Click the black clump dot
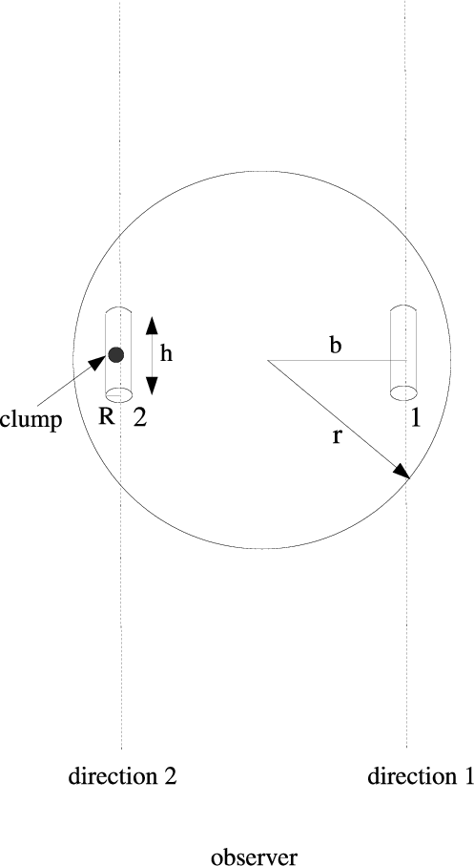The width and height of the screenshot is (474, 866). pyautogui.click(x=116, y=354)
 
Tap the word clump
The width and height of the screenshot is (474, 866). pyautogui.click(x=31, y=420)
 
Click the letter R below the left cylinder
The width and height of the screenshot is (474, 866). pyautogui.click(x=107, y=417)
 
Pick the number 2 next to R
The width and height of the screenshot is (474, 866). pyautogui.click(x=140, y=417)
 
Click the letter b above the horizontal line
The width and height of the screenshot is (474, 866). pyautogui.click(x=335, y=346)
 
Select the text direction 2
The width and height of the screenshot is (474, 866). pyautogui.click(x=122, y=776)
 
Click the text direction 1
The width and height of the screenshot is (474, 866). pyautogui.click(x=421, y=776)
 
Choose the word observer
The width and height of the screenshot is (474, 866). pyautogui.click(x=255, y=856)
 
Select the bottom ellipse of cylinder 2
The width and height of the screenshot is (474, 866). pyautogui.click(x=118, y=395)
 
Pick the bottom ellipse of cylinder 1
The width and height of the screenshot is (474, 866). pyautogui.click(x=403, y=392)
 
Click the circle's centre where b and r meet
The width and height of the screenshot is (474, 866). pyautogui.click(x=268, y=360)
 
